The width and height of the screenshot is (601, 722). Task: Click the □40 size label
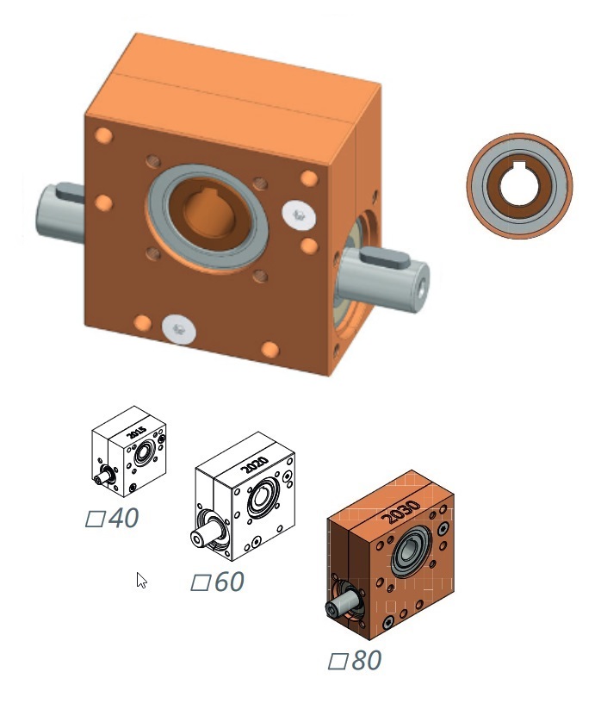(x=112, y=518)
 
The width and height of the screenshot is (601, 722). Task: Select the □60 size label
(x=217, y=582)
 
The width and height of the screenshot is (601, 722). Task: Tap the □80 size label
(x=355, y=660)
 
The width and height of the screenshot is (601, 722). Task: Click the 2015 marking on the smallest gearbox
(x=136, y=433)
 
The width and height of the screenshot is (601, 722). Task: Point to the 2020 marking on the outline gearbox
(x=255, y=465)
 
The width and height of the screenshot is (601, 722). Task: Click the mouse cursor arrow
(x=141, y=580)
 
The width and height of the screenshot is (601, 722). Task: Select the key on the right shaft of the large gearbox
(x=385, y=257)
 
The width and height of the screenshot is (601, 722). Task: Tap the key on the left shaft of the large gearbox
(x=70, y=192)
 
